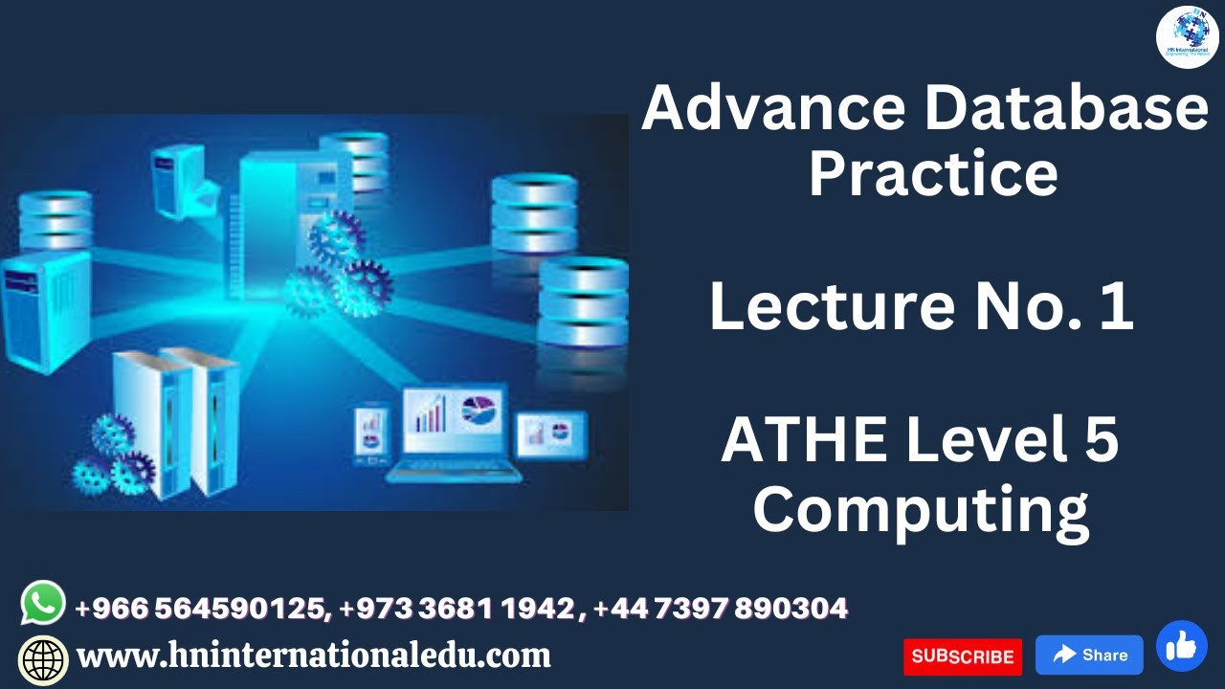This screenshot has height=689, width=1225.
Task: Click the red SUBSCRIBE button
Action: pyautogui.click(x=962, y=656)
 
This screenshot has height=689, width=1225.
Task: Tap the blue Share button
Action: pyautogui.click(x=1089, y=656)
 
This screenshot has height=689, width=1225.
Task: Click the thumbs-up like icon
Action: pyautogui.click(x=1181, y=646)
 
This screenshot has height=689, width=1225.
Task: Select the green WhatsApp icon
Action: pyautogui.click(x=43, y=604)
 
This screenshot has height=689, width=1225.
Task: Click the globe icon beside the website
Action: pyautogui.click(x=44, y=659)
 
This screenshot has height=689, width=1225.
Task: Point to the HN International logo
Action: pyautogui.click(x=1187, y=38)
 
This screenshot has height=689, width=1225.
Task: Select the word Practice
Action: pyautogui.click(x=933, y=174)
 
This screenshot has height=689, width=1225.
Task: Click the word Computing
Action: pyautogui.click(x=920, y=510)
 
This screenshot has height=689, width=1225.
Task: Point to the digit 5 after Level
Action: pyautogui.click(x=1100, y=441)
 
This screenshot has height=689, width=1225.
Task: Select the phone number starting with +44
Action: pyautogui.click(x=720, y=608)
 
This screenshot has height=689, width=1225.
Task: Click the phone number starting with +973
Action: pyautogui.click(x=457, y=608)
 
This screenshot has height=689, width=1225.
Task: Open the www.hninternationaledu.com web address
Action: pyautogui.click(x=313, y=656)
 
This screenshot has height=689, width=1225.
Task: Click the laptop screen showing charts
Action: pyautogui.click(x=453, y=419)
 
